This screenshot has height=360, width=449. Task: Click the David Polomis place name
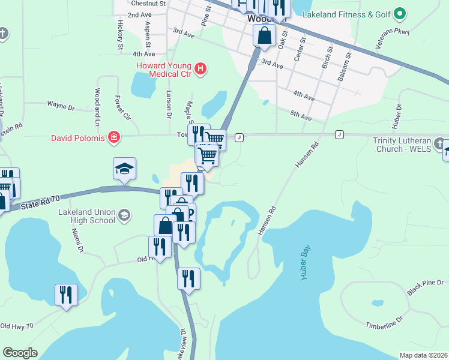pos(77,139)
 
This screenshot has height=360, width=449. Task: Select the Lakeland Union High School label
pos(86,216)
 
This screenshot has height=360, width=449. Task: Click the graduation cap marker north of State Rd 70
pos(124,169)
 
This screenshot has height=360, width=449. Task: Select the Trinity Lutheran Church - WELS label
pos(402,145)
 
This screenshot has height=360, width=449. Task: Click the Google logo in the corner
pos(20,353)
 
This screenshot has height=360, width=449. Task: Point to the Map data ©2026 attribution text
pos(423,355)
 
